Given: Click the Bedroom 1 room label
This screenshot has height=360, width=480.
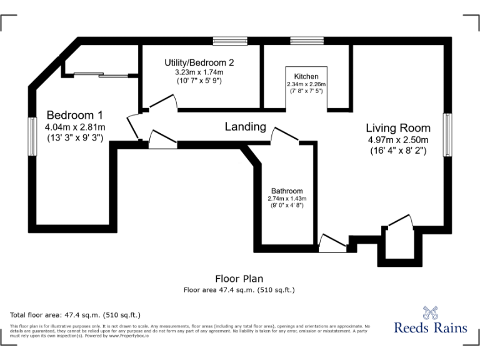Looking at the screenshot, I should point(74,115).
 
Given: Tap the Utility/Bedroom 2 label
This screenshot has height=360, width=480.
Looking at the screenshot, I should point(199,62).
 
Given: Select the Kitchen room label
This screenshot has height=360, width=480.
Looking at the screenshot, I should point(306,76).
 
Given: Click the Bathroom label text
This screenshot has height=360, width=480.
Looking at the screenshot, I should point(287,191).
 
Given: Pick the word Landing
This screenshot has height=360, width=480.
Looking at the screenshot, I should point(245,127).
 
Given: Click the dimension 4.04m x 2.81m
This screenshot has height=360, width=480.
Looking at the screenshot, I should point(74,127).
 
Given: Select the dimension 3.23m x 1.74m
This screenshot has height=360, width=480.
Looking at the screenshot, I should point(199,72).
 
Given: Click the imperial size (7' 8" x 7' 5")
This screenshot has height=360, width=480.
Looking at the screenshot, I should point(306,91).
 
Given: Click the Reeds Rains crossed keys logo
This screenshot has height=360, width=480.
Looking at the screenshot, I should point(430,311).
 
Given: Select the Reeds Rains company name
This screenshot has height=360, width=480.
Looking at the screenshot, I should point(430,327).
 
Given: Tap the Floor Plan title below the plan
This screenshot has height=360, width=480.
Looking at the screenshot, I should point(239,279).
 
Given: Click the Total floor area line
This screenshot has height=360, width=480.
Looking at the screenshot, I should point(76,314).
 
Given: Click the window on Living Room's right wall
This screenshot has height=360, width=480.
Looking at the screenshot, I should point(447,134).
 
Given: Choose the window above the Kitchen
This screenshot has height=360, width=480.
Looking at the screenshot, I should point(307,41).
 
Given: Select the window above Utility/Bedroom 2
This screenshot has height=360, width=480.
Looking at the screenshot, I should point(229,41).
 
